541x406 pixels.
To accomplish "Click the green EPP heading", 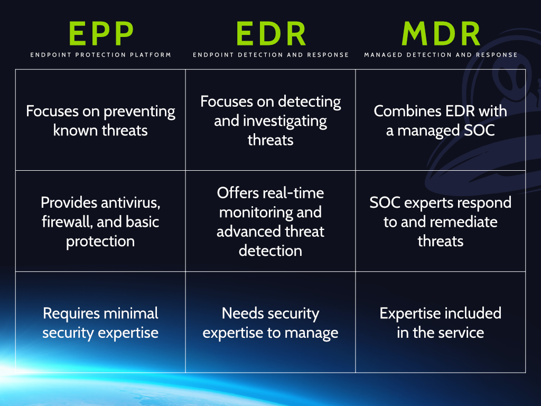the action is click(x=100, y=34).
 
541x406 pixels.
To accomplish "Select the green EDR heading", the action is click(x=270, y=34).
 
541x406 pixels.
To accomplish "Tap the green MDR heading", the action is click(x=441, y=34).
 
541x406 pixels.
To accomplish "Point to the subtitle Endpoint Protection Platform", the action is click(x=100, y=55).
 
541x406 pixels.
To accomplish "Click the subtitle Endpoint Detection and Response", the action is click(x=270, y=55).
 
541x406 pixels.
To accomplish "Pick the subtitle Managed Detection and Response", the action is click(x=441, y=55).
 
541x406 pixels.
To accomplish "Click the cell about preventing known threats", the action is click(x=100, y=121).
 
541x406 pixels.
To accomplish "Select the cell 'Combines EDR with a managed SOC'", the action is click(x=441, y=121).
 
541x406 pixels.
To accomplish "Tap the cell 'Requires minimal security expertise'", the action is click(x=100, y=322).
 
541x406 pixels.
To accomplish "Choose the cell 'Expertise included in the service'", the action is click(x=441, y=322).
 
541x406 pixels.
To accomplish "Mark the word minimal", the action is click(x=134, y=313).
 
